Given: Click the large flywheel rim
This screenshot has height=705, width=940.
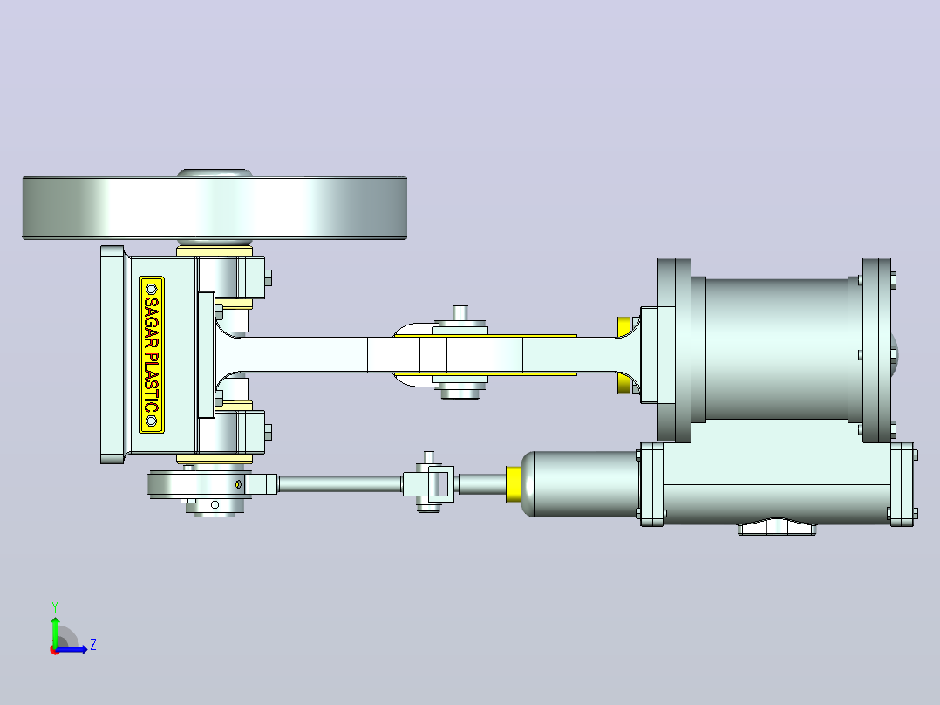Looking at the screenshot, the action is tap(215, 209).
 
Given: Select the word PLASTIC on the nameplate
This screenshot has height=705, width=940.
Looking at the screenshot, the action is tap(152, 383).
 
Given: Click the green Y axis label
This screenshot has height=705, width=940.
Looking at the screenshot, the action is tap(55, 607).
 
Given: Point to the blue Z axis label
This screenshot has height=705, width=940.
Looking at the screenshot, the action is tap(93, 645).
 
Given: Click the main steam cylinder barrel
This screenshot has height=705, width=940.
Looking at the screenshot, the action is tap(777, 349).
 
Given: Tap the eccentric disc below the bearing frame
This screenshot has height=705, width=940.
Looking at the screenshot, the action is tap(198, 485).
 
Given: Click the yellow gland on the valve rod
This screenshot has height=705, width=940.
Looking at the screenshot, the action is tap(514, 483).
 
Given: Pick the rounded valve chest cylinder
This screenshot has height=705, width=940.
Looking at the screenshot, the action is tap(579, 483).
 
